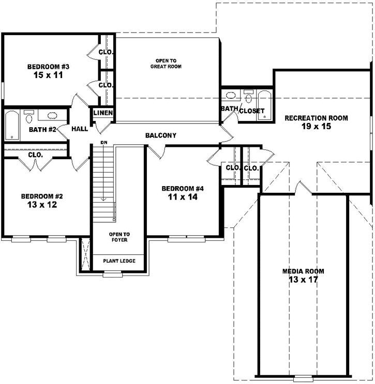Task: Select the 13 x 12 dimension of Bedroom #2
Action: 42,205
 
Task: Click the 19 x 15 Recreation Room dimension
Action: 316,127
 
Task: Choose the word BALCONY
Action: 160,135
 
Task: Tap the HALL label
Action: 80,129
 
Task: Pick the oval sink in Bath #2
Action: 52,116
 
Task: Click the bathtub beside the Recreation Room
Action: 264,105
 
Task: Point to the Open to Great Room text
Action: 166,64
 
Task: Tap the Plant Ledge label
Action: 119,261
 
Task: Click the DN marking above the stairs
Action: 103,143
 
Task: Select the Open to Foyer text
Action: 118,237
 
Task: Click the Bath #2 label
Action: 42,129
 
